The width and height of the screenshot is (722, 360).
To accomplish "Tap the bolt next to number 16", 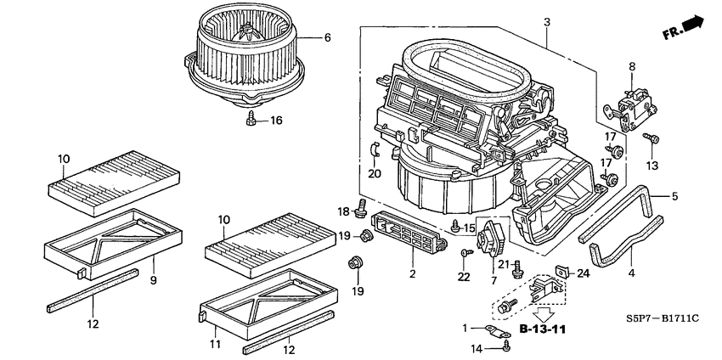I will point(252,121).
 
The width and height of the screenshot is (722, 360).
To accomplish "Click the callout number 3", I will point(547,21).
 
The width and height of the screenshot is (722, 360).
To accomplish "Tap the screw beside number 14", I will point(507,344).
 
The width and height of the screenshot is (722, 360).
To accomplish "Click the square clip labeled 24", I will point(561,272).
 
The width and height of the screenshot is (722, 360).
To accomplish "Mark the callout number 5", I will point(675,197).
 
